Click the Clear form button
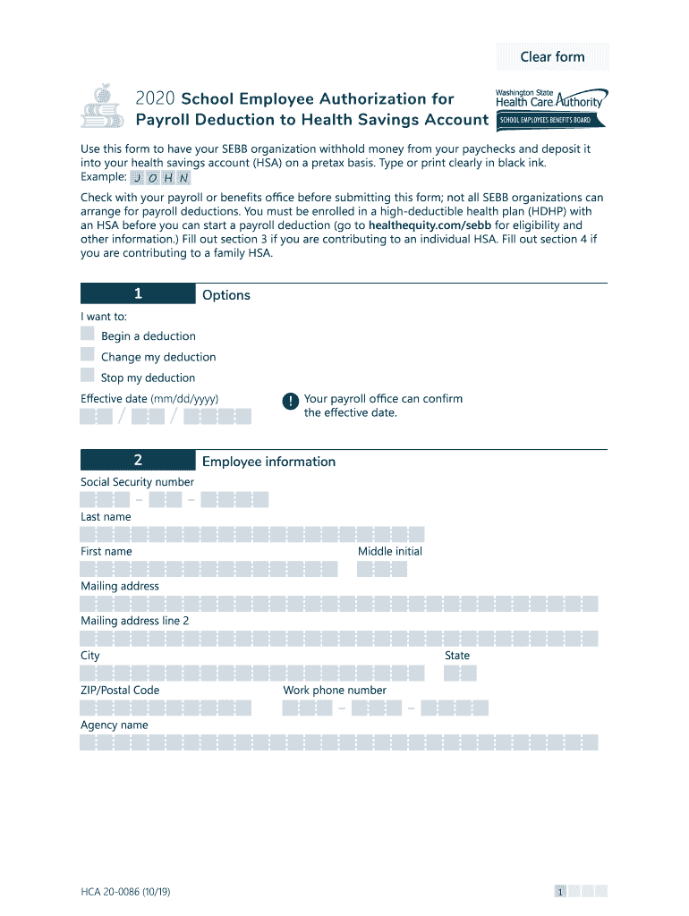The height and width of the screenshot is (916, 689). (552, 56)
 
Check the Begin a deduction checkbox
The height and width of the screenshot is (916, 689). (88, 335)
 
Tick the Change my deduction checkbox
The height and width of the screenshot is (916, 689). (88, 355)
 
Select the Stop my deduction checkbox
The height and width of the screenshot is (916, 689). (88, 376)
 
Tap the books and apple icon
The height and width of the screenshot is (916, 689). (103, 107)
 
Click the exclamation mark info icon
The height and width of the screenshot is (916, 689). (290, 402)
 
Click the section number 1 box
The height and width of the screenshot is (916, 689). (138, 294)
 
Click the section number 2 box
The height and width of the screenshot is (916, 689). (138, 461)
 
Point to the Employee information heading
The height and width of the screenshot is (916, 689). (268, 462)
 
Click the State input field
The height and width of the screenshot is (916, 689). (460, 674)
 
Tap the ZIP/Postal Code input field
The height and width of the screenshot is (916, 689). (166, 708)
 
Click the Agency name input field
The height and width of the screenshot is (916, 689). (338, 742)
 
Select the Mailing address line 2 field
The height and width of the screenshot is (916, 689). (338, 638)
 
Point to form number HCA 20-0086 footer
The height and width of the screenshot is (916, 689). (128, 891)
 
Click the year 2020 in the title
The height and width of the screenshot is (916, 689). (156, 99)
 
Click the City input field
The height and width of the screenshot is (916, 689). (251, 674)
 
